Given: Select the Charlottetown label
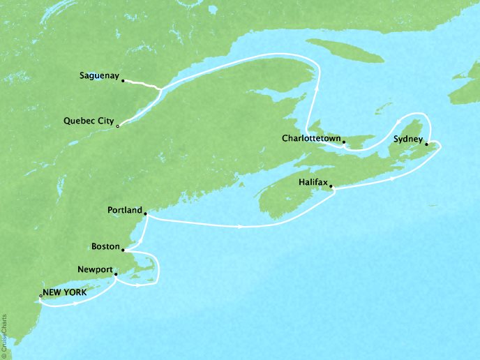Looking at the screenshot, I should coord(311,138).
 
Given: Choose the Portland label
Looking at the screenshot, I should coord(125,210).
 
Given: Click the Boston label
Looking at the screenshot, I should coord(105,247).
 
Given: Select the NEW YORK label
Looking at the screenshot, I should coord(65,293).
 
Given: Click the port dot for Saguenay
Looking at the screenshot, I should coord(123,82).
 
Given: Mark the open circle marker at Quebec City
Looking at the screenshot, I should coord(118,126).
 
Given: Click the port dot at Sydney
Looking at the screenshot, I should coord(427,143).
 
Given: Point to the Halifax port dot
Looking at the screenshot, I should coord(331,186).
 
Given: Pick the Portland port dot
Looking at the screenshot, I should coord(145,214).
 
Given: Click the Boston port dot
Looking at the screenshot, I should coord(123,250).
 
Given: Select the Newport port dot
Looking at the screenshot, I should coord(115,274).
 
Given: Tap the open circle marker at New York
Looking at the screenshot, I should coord(40,297).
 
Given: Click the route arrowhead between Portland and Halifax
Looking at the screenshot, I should coord(241,227).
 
